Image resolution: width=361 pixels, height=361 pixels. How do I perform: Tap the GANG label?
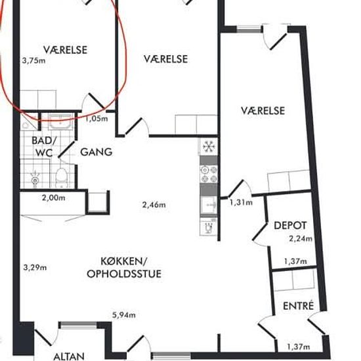click(96, 152)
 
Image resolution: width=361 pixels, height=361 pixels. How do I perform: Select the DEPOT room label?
click(290, 225)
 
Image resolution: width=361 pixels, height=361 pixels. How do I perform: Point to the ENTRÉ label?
click(299, 306)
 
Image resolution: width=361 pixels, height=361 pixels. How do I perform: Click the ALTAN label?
click(69, 356)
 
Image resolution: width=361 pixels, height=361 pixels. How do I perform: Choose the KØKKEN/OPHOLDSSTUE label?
click(124, 268)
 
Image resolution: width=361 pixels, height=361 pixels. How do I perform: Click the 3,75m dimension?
click(33, 61)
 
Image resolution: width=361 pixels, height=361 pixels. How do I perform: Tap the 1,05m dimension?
click(96, 119)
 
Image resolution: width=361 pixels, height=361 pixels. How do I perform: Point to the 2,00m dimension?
click(54, 198)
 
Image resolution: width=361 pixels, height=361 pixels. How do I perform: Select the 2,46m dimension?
click(154, 205)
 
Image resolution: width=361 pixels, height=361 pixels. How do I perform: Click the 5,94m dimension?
click(124, 314)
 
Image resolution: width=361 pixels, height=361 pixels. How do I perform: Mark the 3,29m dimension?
click(35, 268)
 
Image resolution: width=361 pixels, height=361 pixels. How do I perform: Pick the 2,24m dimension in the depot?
click(301, 239)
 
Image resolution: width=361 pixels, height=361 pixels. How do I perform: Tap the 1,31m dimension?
click(241, 202)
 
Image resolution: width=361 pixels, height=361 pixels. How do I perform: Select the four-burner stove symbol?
click(209, 174)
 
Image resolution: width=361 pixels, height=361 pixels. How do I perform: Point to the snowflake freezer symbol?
click(209, 146)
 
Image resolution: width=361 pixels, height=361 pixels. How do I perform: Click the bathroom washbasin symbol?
click(60, 122)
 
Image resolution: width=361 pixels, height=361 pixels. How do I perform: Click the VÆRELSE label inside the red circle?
click(66, 50)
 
